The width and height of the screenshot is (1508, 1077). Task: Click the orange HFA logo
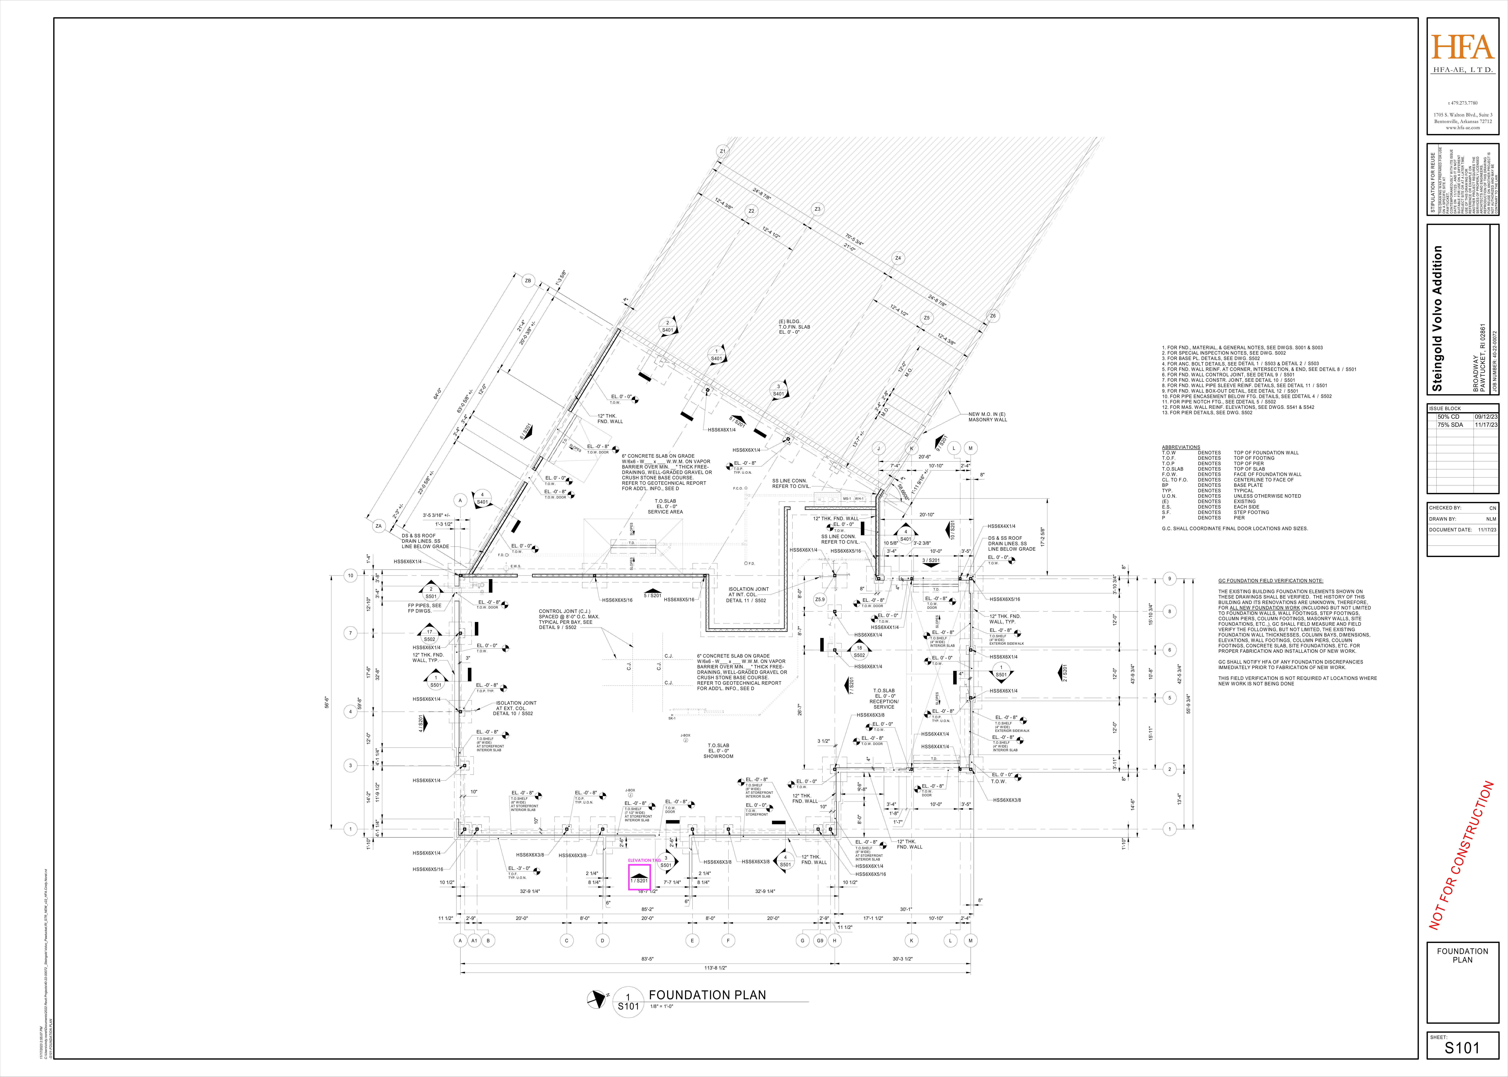click(1462, 48)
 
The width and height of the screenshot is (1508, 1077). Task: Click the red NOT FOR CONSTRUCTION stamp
click(1461, 855)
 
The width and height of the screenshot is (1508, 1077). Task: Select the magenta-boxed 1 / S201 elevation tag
click(639, 879)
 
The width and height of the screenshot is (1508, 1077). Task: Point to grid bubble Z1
click(723, 151)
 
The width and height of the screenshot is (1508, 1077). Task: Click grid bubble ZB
click(528, 281)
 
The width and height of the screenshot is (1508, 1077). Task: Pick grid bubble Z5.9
click(820, 600)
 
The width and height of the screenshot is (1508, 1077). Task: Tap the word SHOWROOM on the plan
click(718, 756)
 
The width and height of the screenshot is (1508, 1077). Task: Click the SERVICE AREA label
click(665, 512)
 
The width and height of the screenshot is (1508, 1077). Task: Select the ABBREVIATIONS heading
click(1181, 447)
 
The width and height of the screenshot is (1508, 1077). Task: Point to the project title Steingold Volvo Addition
click(1438, 318)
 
